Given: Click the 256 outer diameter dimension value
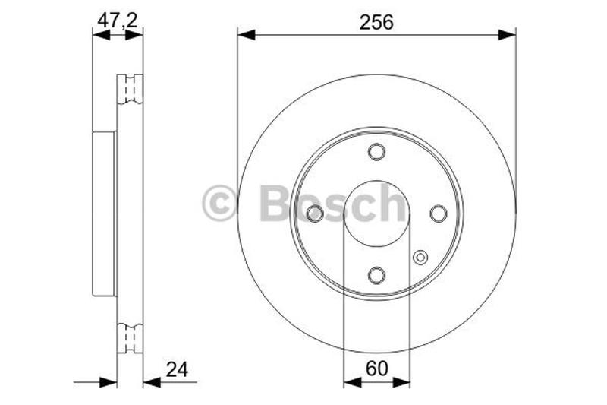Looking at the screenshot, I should [x=376, y=22].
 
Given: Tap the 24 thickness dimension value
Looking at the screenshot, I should [x=176, y=370].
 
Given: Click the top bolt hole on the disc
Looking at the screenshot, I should [x=376, y=152].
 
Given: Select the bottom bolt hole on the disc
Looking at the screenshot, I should [x=376, y=274].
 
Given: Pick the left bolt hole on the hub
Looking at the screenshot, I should [x=315, y=214].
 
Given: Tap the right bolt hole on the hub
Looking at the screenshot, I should [x=438, y=214].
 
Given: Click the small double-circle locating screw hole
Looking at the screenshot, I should [x=420, y=258].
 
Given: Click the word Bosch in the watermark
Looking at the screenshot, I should [x=332, y=203].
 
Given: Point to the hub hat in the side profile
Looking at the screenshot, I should [x=104, y=214].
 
